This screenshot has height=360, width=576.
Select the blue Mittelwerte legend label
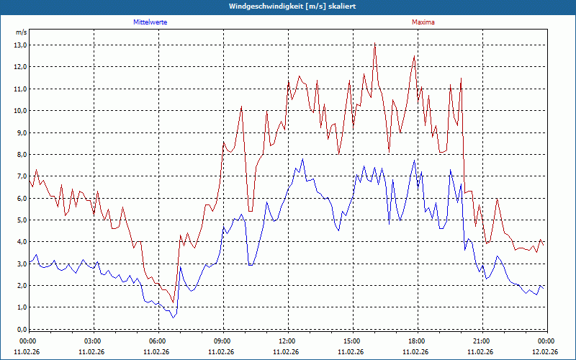click(150, 22)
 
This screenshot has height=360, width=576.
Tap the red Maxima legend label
click(423, 22)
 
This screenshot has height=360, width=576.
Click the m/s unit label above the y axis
click(21, 33)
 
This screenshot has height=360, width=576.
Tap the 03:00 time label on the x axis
click(93, 341)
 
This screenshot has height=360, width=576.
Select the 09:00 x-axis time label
click(222, 341)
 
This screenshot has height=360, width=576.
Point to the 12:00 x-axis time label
click(287, 341)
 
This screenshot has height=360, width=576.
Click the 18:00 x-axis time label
click(416, 341)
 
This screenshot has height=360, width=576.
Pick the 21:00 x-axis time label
click(481, 341)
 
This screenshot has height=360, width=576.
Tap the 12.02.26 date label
click(545, 352)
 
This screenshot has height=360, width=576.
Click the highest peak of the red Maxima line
click(375, 43)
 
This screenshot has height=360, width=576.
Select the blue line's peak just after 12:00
click(302, 159)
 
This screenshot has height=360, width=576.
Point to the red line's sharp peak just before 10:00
click(241, 107)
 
